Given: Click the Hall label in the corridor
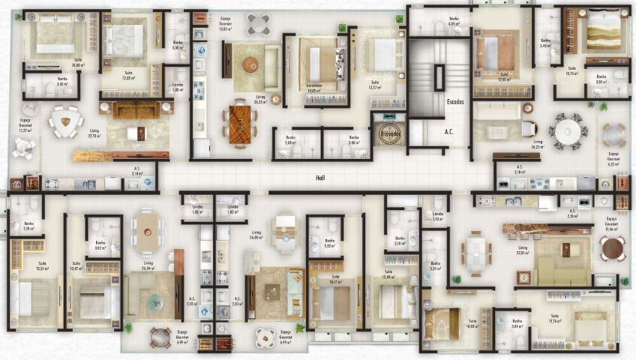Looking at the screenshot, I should [x=321, y=179].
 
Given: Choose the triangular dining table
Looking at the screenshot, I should [x=66, y=121].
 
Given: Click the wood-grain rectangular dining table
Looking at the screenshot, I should [x=240, y=122].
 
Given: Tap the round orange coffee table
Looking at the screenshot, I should [x=250, y=64].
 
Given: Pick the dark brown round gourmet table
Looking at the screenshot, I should [x=612, y=248].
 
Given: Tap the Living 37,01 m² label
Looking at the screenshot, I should [x=523, y=250].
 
